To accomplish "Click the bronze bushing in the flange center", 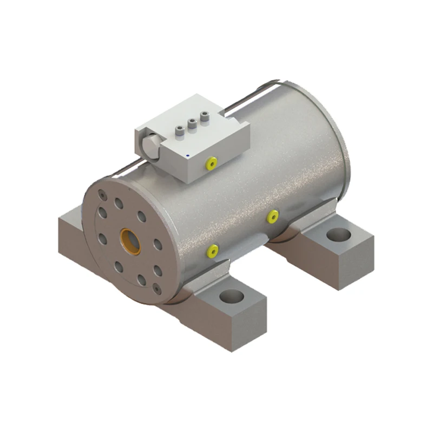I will (x=130, y=242).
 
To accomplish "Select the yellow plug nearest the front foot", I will (x=213, y=251).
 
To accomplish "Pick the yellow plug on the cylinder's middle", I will (x=272, y=216).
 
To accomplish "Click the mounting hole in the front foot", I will (x=233, y=297).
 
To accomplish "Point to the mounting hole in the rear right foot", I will (x=339, y=235).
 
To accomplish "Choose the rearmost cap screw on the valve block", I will (x=205, y=115).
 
